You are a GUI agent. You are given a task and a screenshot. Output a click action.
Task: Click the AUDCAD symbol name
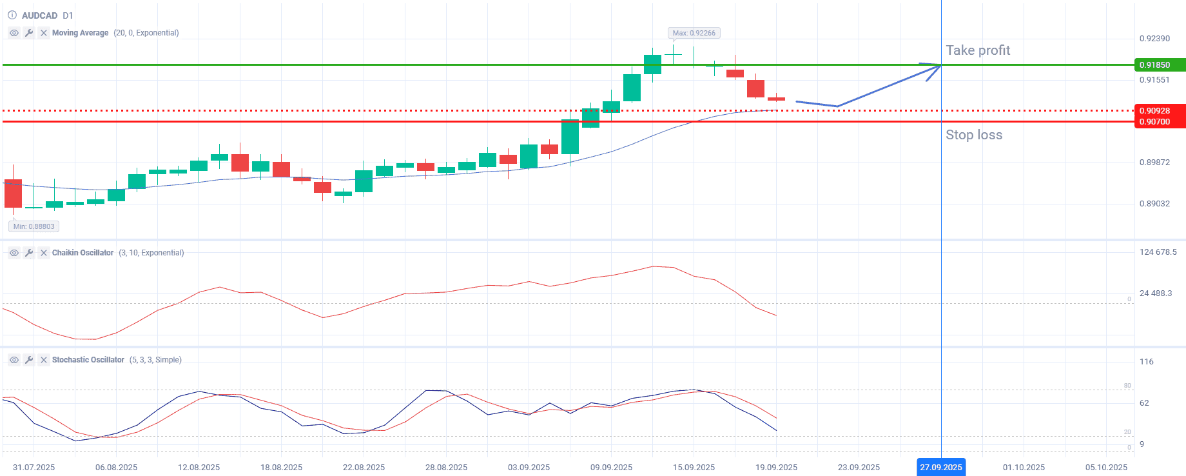click(x=39, y=15)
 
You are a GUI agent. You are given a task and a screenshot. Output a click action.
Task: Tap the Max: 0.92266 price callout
click(x=694, y=33)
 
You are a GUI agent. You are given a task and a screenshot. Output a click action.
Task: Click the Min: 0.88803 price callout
click(x=34, y=226)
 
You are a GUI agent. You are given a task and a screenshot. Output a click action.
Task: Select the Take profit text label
click(x=977, y=50)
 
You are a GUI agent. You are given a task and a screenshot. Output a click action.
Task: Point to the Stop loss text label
click(x=973, y=135)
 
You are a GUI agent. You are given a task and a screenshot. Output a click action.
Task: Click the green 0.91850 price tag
click(x=1159, y=65)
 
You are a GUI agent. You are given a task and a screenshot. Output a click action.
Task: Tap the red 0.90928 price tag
click(x=1159, y=111)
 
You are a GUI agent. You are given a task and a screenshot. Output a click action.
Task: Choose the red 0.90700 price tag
click(x=1159, y=122)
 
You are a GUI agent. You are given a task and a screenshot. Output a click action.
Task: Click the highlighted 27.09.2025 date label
click(x=940, y=468)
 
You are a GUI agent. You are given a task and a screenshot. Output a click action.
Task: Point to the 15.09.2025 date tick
click(x=694, y=468)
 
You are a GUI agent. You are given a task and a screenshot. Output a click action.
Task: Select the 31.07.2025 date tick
click(x=34, y=468)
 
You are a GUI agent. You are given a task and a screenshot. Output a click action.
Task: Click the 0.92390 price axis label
click(x=1154, y=39)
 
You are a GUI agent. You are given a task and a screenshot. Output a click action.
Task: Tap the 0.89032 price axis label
click(x=1154, y=204)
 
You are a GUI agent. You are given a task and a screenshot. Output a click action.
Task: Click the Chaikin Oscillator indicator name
click(x=83, y=253)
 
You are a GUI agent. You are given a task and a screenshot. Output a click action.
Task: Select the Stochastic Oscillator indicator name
click(x=88, y=360)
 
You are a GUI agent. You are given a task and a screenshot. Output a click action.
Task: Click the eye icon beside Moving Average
click(x=14, y=33)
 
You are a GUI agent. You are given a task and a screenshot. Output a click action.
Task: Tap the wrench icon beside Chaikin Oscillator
click(x=29, y=253)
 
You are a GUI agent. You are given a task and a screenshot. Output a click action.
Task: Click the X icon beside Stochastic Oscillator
click(x=44, y=360)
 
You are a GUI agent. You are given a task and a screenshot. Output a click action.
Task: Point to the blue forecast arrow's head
click(x=938, y=66)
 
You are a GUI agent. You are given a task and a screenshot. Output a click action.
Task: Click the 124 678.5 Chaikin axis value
click(x=1158, y=252)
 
